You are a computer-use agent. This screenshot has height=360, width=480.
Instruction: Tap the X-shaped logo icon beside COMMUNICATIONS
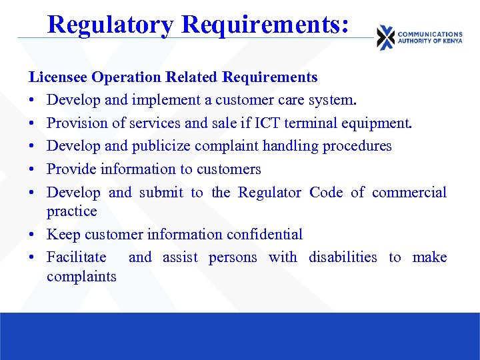[385, 37]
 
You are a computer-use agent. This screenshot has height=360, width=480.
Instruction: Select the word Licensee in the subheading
[58, 77]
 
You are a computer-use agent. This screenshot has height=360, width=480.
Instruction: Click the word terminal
[312, 123]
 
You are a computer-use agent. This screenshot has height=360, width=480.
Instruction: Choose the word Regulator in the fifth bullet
[270, 193]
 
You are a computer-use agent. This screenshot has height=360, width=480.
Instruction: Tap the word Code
[326, 193]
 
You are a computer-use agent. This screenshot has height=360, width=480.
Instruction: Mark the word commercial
[409, 193]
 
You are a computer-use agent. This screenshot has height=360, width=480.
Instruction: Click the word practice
[71, 211]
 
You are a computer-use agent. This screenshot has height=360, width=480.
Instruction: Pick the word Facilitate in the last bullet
[76, 257]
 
